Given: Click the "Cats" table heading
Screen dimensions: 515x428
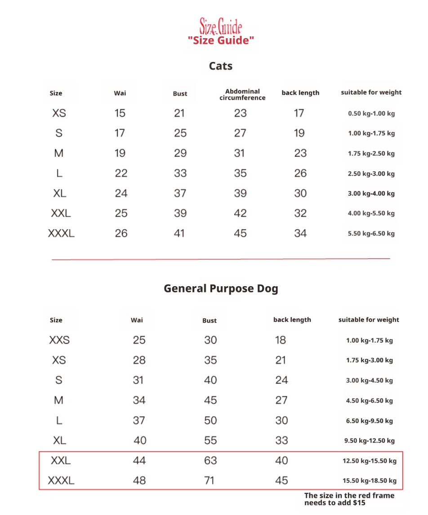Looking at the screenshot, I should coord(221,66).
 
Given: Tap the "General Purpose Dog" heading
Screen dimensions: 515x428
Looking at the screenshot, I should coord(221,288).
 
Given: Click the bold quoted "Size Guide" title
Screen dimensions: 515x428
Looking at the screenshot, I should coord(221,40).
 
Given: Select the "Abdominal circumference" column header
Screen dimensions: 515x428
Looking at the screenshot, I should coord(242,94).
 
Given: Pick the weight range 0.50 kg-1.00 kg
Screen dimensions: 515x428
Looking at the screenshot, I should coord(371,114).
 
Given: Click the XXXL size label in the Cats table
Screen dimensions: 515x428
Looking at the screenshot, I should coord(61,233).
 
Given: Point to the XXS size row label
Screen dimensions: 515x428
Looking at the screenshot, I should coord(59,340).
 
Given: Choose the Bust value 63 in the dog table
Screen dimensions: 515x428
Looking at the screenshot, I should coord(210,461).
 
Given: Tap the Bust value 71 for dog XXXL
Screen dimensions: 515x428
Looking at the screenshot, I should coord(210,480).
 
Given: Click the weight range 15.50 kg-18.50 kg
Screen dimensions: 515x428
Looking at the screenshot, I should coord(369,481).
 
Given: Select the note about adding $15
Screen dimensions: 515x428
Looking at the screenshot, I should coord(349,499).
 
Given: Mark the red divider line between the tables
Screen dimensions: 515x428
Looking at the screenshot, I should coord(221,259).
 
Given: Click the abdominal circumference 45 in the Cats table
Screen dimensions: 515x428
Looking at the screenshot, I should coord(240,233).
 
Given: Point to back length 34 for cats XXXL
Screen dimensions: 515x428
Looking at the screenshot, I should coord(300,233).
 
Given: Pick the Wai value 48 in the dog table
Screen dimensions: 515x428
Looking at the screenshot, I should coord(139,480).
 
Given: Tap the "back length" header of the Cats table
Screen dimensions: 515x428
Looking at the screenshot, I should coord(300,93).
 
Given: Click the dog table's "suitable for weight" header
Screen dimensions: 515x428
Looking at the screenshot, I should coord(369,320).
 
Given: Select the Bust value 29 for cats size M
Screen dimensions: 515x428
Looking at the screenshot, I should coord(180,153).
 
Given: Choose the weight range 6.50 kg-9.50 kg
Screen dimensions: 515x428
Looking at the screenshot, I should coord(369,421).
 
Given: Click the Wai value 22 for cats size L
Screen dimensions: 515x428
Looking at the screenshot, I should coord(121,173).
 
